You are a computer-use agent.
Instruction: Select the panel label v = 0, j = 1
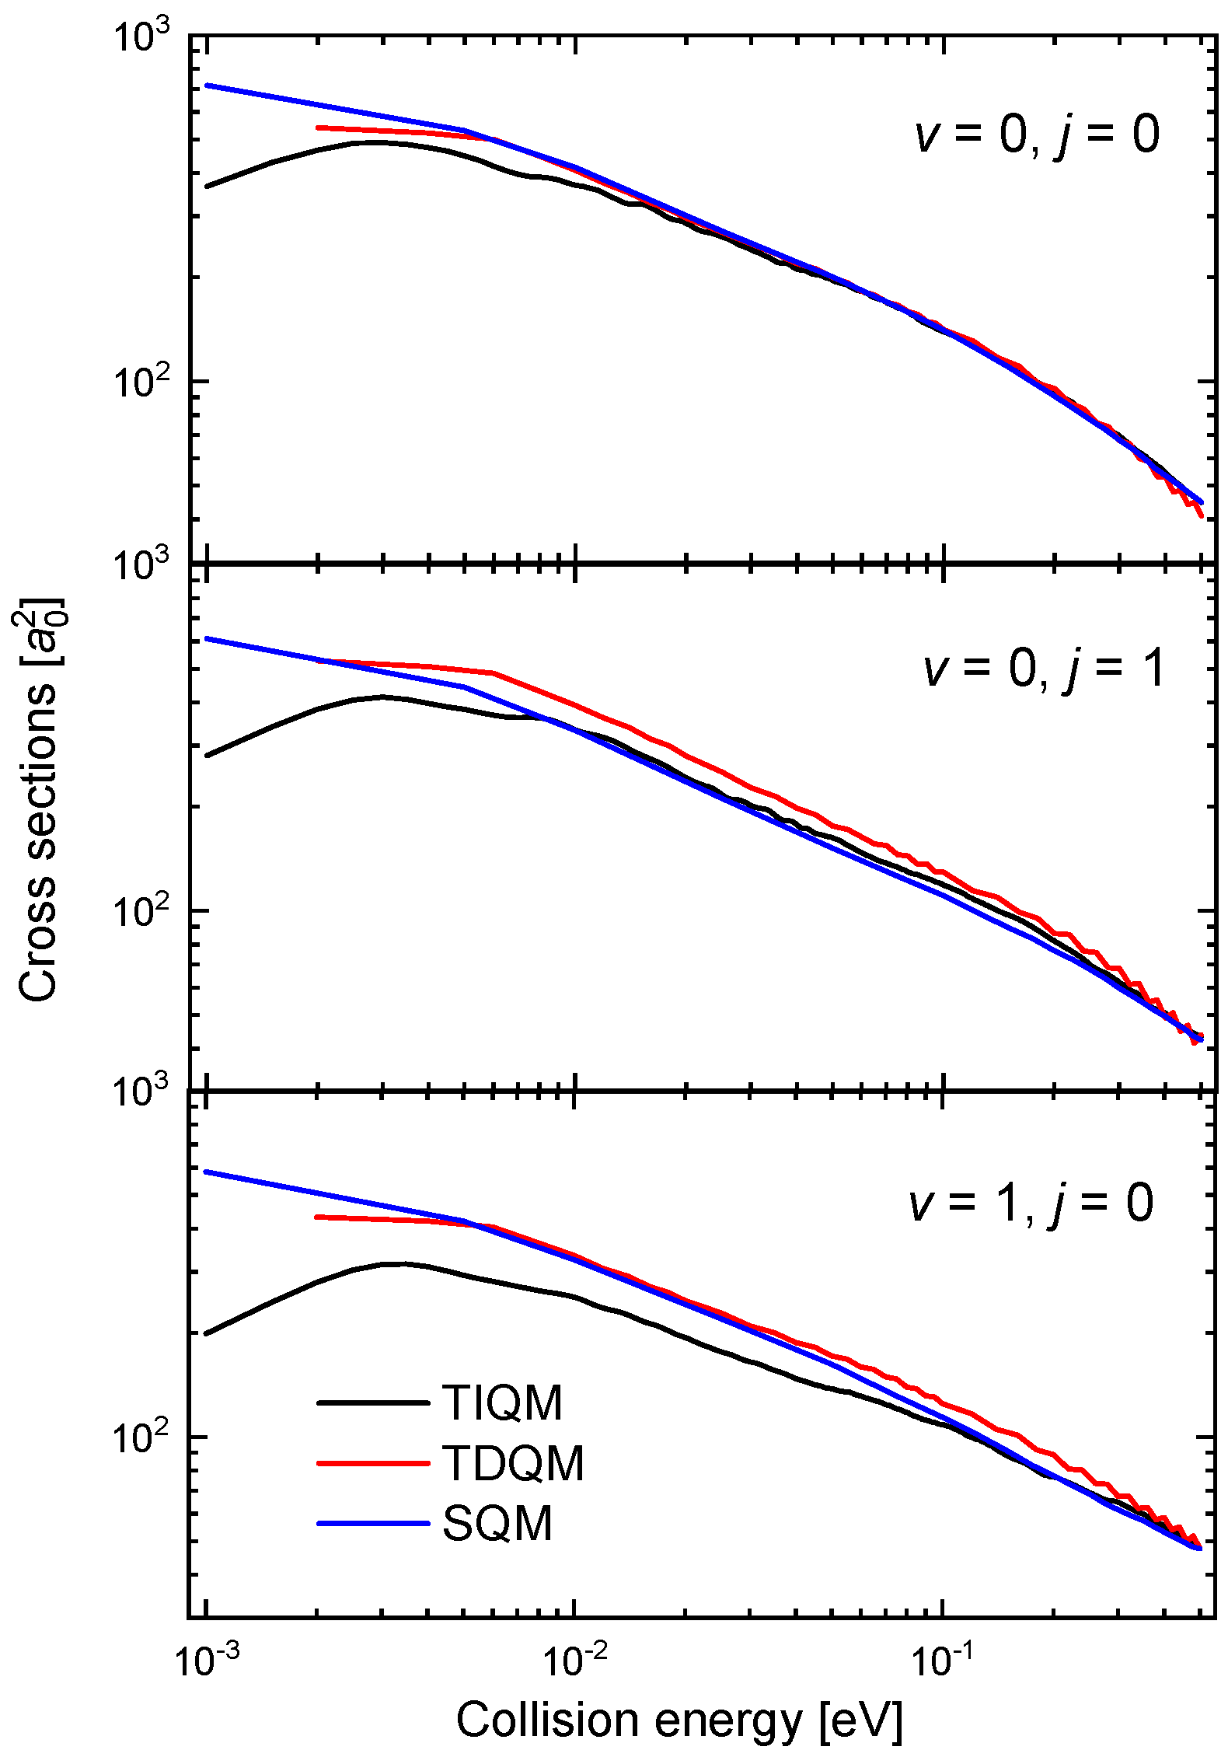1045,668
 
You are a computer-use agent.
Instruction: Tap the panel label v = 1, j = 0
1031,1203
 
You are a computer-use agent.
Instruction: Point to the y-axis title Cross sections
39,801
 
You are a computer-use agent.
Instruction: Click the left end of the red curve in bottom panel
317,1217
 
